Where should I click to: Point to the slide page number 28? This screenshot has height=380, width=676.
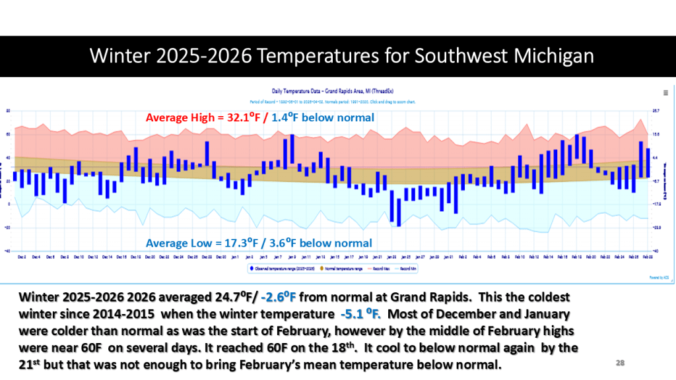pos(620,363)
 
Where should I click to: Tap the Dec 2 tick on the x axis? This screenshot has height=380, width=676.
pos(22,257)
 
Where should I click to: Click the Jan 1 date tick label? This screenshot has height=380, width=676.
pos(236,257)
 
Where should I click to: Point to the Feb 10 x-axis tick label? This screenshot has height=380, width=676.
pos(520,257)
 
